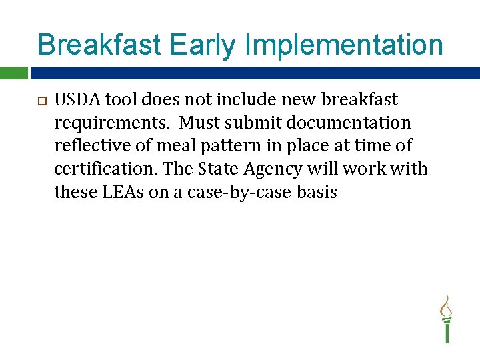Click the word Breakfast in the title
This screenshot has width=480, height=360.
point(99,45)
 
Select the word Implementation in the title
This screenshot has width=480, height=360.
point(345,45)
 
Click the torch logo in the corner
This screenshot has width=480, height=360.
point(446,318)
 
